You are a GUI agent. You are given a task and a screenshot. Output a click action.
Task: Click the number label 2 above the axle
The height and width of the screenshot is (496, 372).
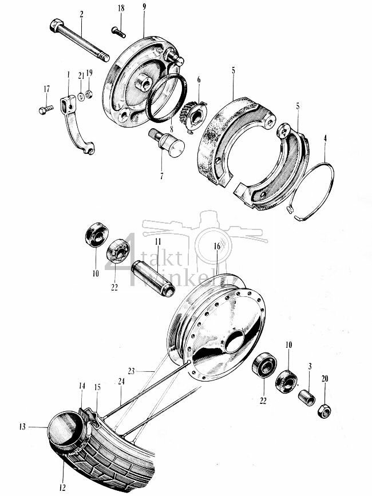(81, 13)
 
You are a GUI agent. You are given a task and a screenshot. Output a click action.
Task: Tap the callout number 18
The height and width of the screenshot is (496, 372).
(121, 8)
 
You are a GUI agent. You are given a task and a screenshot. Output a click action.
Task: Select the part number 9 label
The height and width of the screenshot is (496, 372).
(144, 8)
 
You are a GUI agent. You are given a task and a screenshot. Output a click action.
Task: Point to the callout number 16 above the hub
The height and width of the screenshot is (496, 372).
(217, 246)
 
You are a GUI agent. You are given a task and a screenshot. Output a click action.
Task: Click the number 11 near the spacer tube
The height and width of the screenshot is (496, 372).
(142, 243)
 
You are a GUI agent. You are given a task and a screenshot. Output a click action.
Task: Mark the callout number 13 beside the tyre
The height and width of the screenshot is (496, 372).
(22, 426)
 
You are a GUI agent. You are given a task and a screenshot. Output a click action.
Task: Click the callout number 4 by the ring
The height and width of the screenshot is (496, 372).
(325, 138)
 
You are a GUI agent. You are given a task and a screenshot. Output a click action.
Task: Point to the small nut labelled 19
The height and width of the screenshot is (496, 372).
(89, 93)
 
